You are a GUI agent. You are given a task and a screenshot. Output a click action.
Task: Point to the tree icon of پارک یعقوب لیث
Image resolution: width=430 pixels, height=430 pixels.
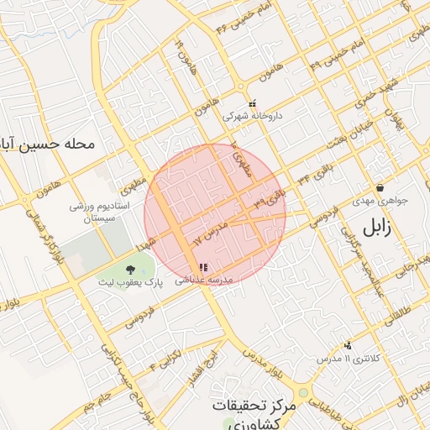[129, 269]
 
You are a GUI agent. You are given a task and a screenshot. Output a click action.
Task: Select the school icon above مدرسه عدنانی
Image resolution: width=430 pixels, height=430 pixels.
[203, 267]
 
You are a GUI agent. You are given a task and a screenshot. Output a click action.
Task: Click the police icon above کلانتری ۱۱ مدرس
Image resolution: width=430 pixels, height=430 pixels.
[348, 344]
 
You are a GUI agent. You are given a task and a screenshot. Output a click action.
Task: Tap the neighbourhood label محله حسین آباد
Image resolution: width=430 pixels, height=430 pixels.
[46, 144]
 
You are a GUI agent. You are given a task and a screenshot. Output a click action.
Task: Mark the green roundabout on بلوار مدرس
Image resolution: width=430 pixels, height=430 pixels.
[302, 392]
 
